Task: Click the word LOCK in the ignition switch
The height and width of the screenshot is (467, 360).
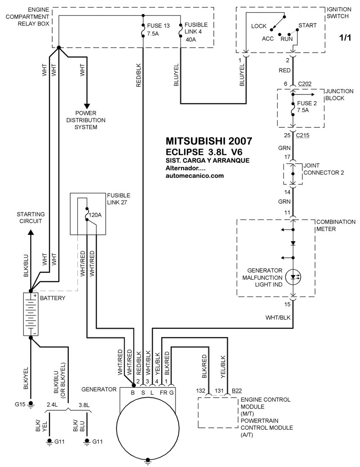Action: pyautogui.click(x=259, y=26)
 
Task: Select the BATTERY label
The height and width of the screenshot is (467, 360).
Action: pyautogui.click(x=53, y=298)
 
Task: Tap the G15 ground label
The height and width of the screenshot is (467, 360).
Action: pyautogui.click(x=20, y=404)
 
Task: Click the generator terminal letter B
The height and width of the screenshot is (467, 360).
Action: pyautogui.click(x=133, y=392)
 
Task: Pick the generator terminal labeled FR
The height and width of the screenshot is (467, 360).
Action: pyautogui.click(x=162, y=392)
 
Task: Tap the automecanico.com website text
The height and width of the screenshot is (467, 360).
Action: pyautogui.click(x=194, y=176)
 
